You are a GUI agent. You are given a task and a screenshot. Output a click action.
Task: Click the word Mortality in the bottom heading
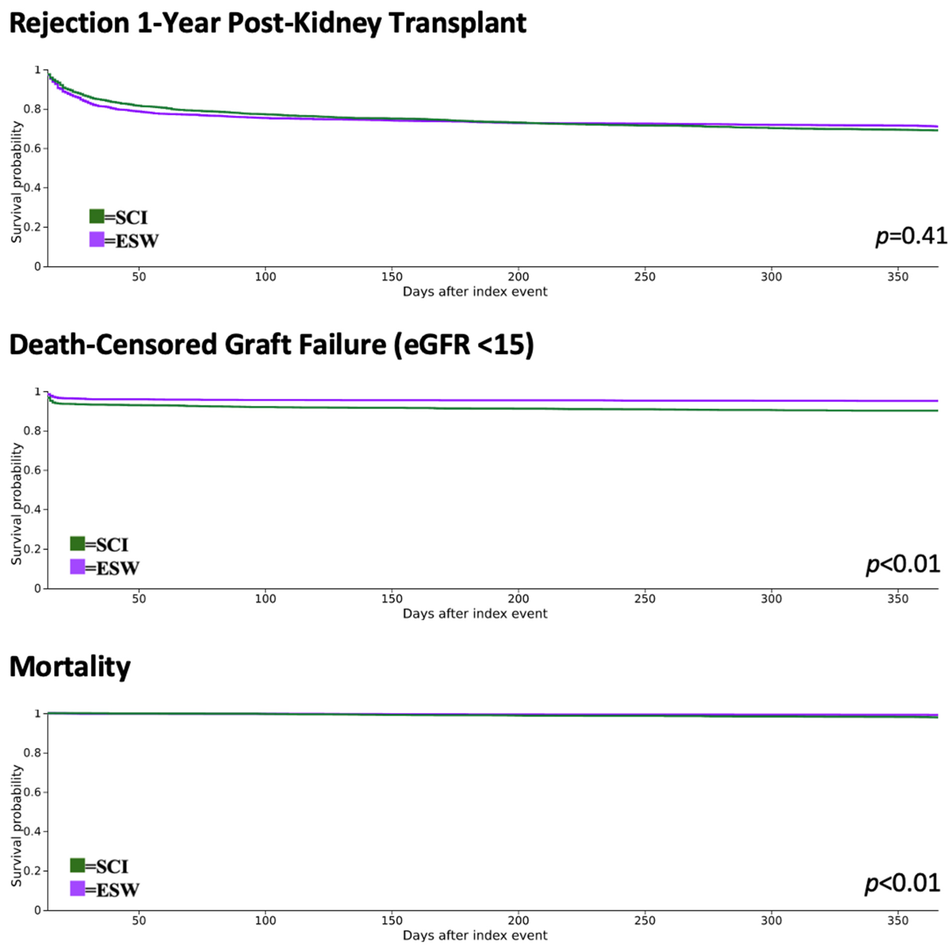coord(70,667)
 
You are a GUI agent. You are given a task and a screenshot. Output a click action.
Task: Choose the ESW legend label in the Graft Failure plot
coord(117,568)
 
